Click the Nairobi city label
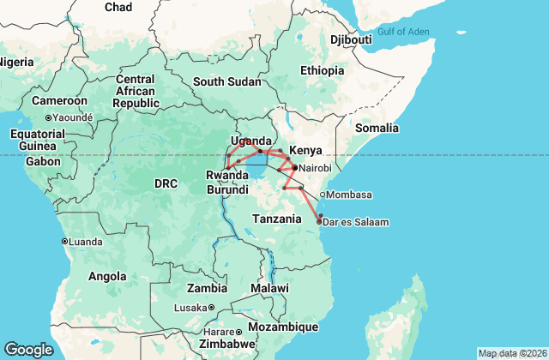tap(316, 168)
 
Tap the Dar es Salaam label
tap(357, 222)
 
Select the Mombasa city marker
tap(323, 194)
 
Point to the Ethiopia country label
tap(323, 70)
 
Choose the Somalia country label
tap(377, 128)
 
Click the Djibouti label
tap(351, 39)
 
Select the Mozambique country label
tap(283, 327)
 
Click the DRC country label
tap(165, 183)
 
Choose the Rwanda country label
tap(227, 176)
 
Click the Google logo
tap(28, 350)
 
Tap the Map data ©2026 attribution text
tap(512, 353)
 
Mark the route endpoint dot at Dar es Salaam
tap(320, 222)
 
